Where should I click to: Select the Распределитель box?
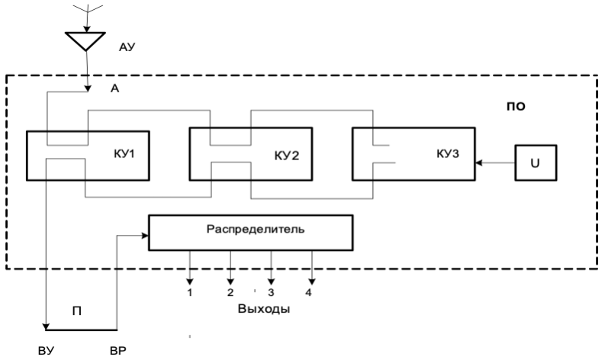(250, 232)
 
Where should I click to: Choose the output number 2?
(230, 291)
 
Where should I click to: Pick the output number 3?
(270, 291)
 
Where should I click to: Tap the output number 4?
(309, 291)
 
